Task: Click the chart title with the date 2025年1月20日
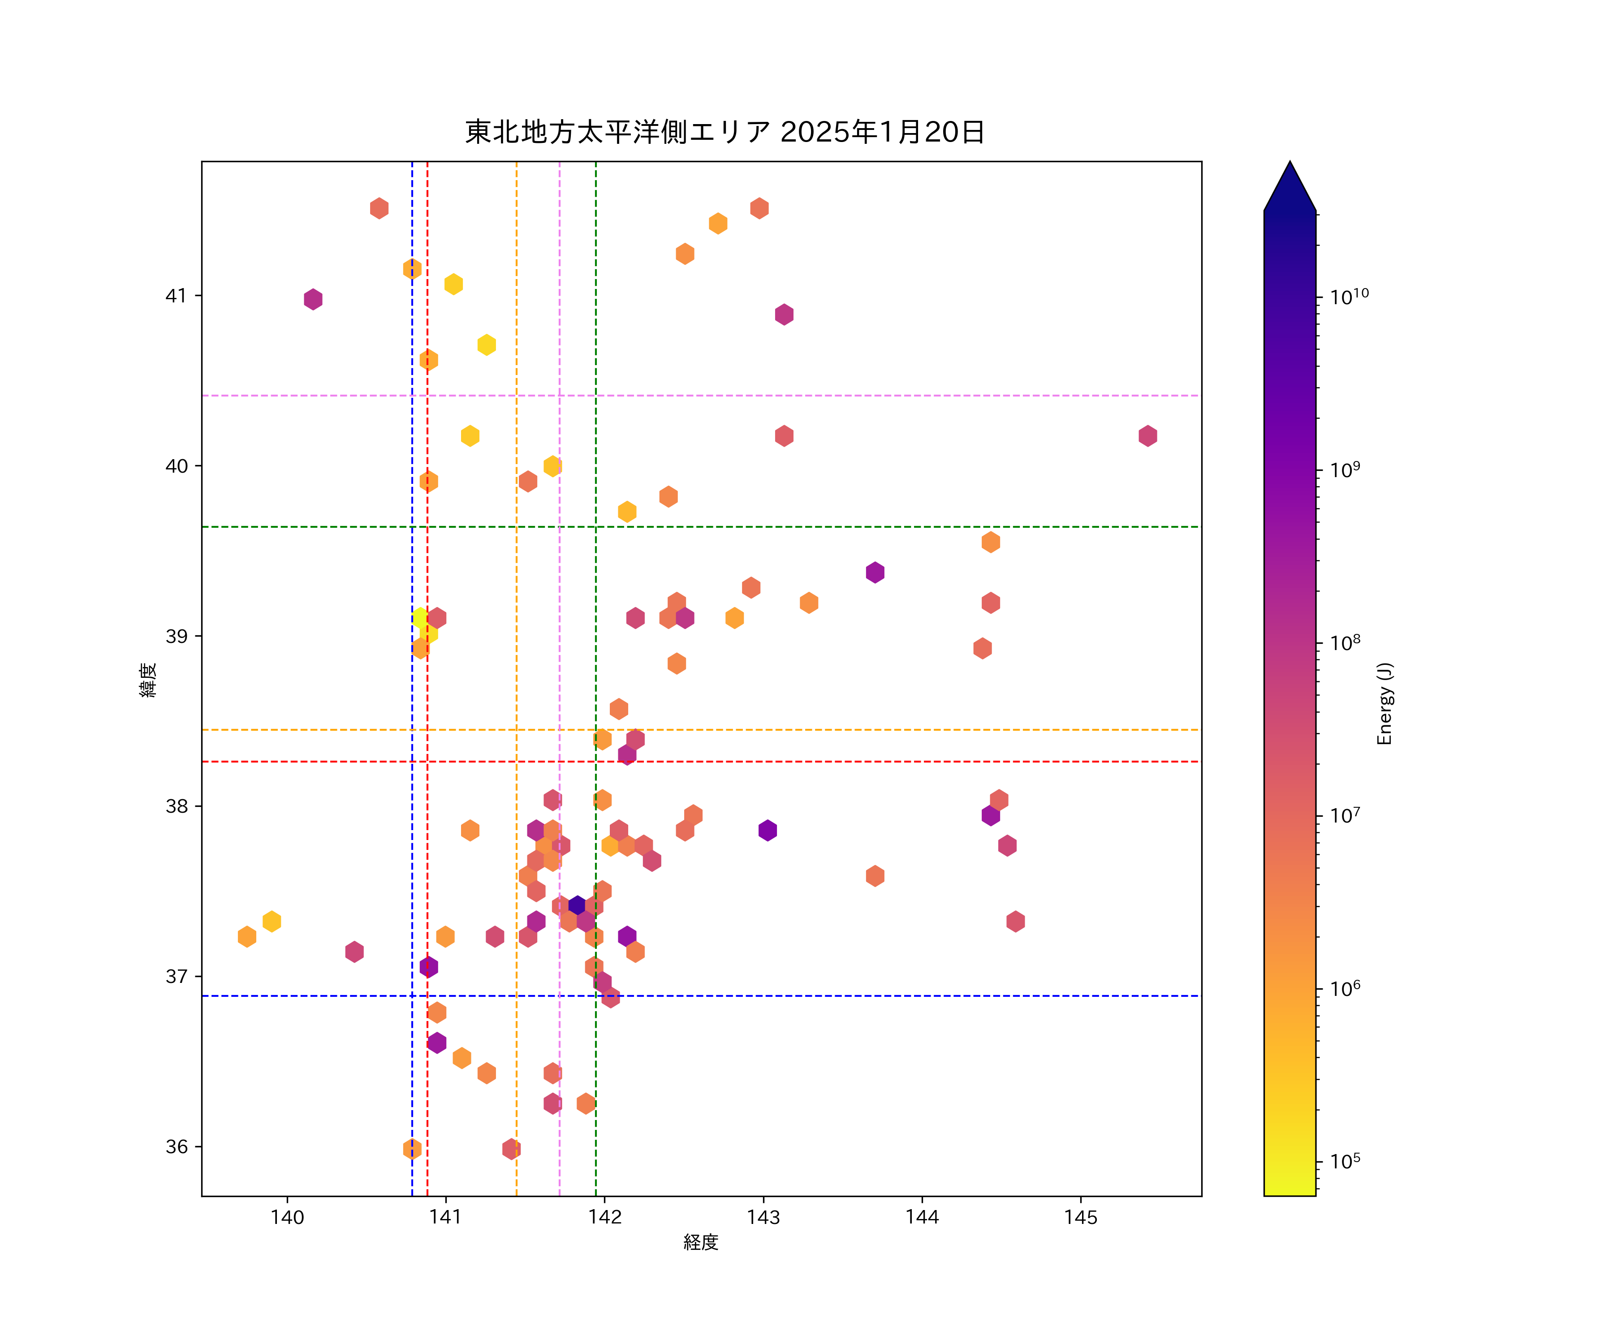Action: pyautogui.click(x=725, y=132)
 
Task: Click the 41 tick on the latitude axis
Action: pyautogui.click(x=176, y=296)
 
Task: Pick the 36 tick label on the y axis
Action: pyautogui.click(x=176, y=1146)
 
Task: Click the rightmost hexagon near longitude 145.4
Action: pyautogui.click(x=1147, y=435)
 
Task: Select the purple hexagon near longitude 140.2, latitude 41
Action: pyautogui.click(x=313, y=299)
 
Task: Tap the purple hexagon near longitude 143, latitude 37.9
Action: pyautogui.click(x=768, y=830)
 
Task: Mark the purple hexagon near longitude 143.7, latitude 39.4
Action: pyautogui.click(x=875, y=572)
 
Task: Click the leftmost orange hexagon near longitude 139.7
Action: pyautogui.click(x=246, y=936)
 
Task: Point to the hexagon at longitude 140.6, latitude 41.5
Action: pyautogui.click(x=379, y=208)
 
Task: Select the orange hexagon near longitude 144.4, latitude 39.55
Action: pyautogui.click(x=991, y=542)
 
